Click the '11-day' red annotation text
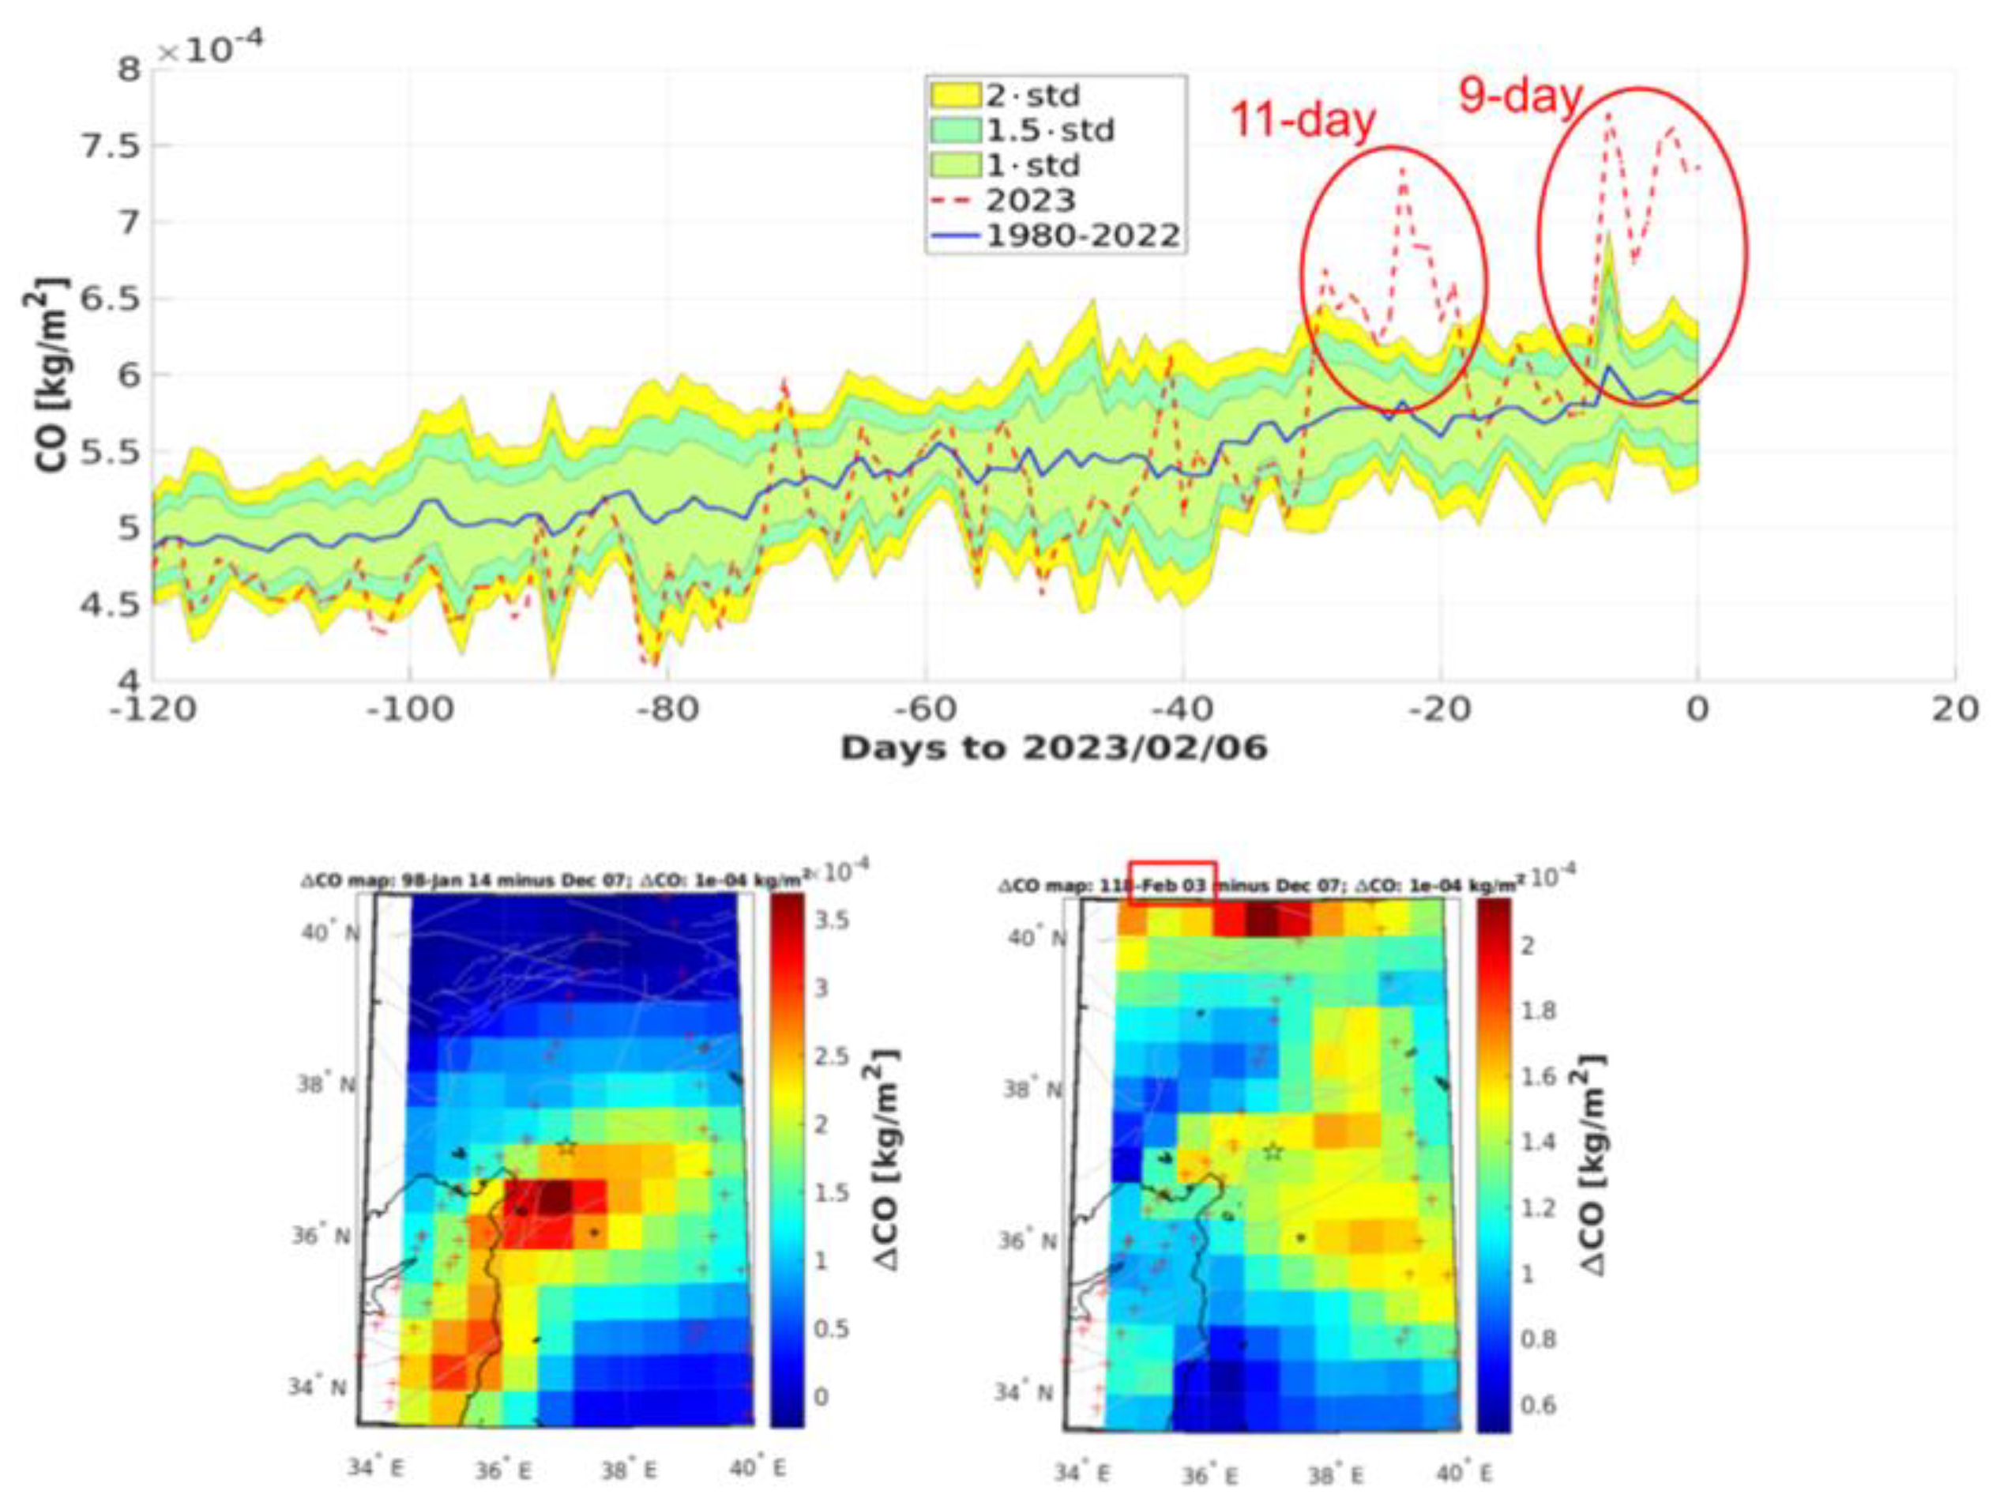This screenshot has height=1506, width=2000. tap(1303, 119)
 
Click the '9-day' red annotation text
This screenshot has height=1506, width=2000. tap(1521, 96)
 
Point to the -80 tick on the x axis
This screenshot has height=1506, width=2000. tap(667, 710)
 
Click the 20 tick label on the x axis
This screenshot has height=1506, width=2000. tap(1955, 710)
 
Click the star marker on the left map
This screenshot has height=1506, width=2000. tap(566, 1147)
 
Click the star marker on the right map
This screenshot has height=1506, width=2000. tap(1273, 1152)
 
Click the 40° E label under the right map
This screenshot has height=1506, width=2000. tap(1464, 1474)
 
